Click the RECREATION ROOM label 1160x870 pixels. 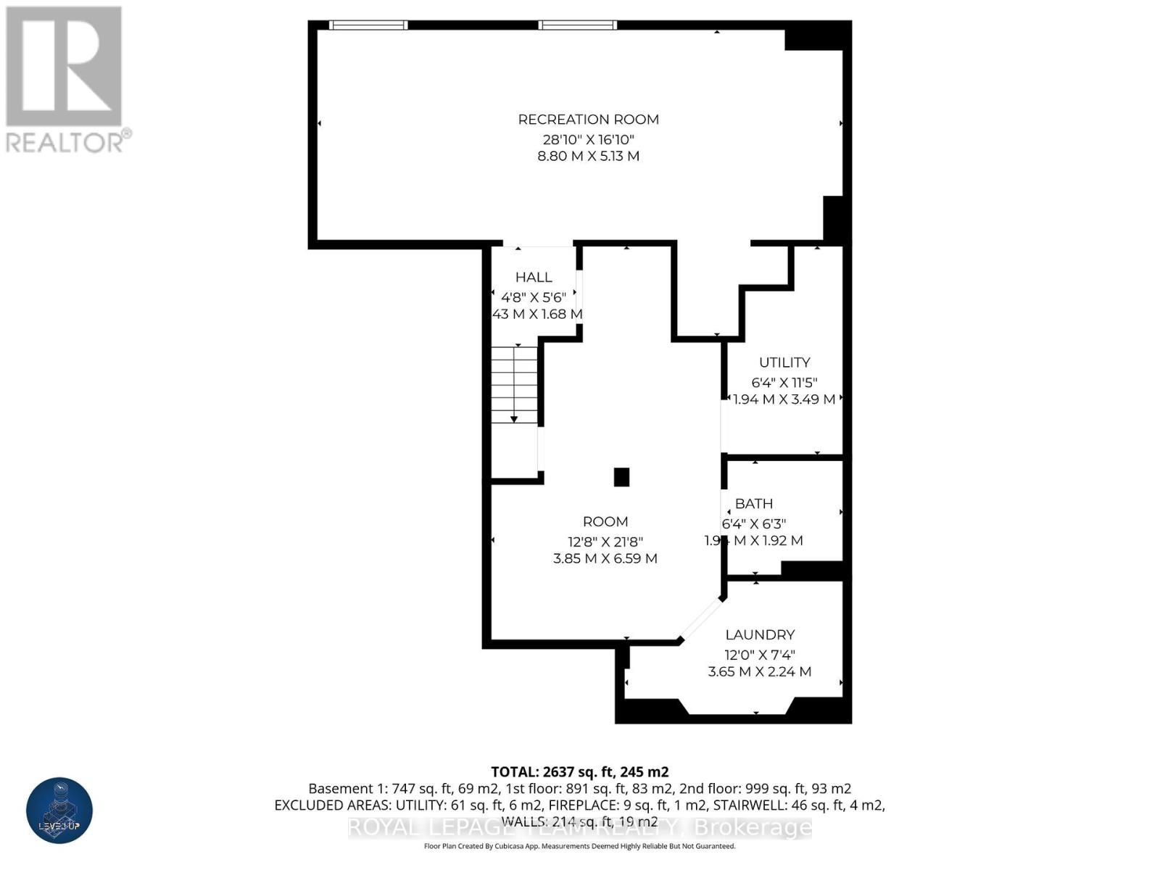(588, 120)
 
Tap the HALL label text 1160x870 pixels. (534, 277)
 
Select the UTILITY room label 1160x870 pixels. (784, 362)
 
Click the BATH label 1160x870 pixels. (753, 504)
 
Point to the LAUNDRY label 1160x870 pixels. (760, 635)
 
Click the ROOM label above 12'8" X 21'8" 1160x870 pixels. (605, 522)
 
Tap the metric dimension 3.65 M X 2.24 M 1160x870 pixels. (759, 672)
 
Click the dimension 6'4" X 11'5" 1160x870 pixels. (784, 382)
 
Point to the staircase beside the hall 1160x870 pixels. (514, 384)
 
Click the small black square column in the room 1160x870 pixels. (621, 477)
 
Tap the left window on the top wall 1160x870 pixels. (368, 25)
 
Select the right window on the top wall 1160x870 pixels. (577, 25)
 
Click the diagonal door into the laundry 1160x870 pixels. (701, 619)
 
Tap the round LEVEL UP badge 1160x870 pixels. (59, 810)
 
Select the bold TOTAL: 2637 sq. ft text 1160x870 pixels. (579, 772)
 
